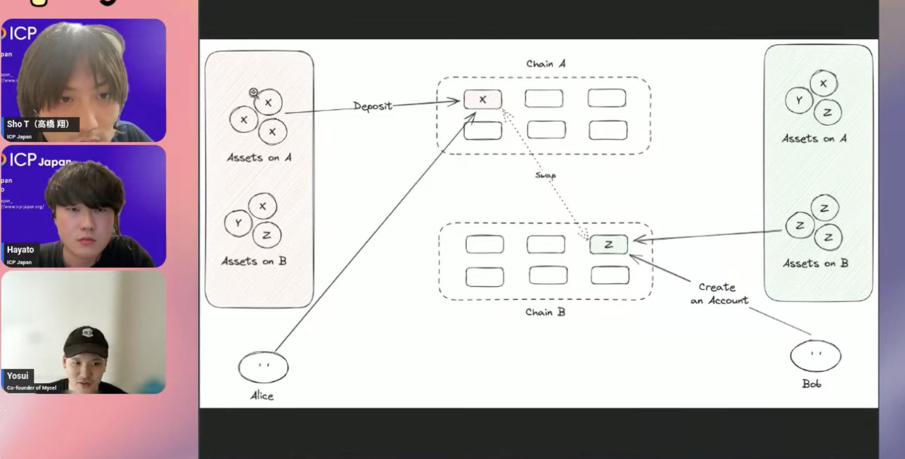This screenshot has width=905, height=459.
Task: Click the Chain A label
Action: (x=545, y=64)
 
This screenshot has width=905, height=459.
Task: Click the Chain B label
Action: (x=545, y=312)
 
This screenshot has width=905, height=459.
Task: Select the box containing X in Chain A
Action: (x=482, y=99)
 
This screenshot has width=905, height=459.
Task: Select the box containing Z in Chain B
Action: (x=608, y=244)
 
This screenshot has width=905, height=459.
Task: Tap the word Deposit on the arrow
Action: (x=373, y=106)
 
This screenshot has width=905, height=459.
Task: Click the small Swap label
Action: (x=545, y=175)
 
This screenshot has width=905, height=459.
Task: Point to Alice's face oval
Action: (x=263, y=367)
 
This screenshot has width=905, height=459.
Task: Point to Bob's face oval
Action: (x=815, y=356)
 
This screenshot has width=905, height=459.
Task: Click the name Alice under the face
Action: (x=262, y=396)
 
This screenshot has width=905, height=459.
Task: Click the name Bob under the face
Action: (x=811, y=384)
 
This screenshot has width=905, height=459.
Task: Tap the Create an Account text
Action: (x=719, y=293)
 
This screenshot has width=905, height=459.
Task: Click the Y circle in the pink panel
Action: (x=238, y=223)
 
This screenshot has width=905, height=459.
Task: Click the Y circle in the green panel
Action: (x=799, y=100)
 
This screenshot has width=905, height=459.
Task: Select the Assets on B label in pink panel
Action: (x=253, y=261)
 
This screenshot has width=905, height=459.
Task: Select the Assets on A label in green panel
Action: (x=814, y=138)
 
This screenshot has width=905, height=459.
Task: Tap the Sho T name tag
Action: (x=38, y=124)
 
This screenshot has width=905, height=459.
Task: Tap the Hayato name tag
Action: (x=21, y=250)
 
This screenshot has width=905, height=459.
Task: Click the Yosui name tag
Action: (x=18, y=375)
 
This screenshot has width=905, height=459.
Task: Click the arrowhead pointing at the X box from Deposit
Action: (x=455, y=101)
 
